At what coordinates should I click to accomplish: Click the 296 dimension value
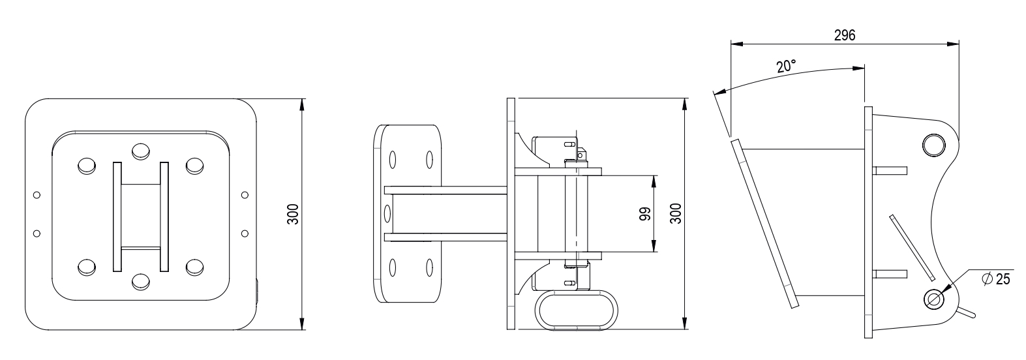pos(844,35)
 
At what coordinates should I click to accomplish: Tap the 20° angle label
pos(787,66)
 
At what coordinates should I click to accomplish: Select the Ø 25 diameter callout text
pos(996,278)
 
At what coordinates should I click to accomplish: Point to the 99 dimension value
pos(645,214)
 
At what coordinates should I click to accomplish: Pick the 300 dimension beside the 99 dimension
pos(676,214)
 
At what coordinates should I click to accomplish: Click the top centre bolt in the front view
pos(141,151)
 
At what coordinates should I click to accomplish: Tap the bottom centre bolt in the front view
pos(141,281)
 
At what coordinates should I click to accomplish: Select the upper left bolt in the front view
pos(87,166)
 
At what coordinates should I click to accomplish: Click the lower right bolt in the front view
pos(194,267)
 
